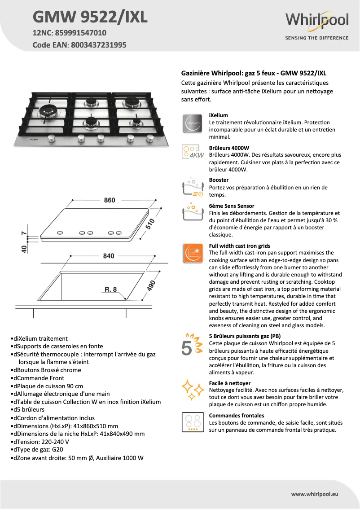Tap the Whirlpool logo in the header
point(317,21)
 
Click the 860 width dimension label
point(110,200)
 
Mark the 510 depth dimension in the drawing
point(149,224)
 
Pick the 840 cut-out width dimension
point(109,256)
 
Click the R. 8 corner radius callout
point(111,290)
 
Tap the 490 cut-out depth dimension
point(151,285)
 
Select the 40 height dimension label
point(23,248)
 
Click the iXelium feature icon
point(192,123)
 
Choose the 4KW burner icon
point(192,152)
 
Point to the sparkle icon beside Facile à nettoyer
point(192,390)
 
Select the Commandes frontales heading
point(237,416)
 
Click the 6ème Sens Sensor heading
point(232,206)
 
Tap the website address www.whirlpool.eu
point(315,494)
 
